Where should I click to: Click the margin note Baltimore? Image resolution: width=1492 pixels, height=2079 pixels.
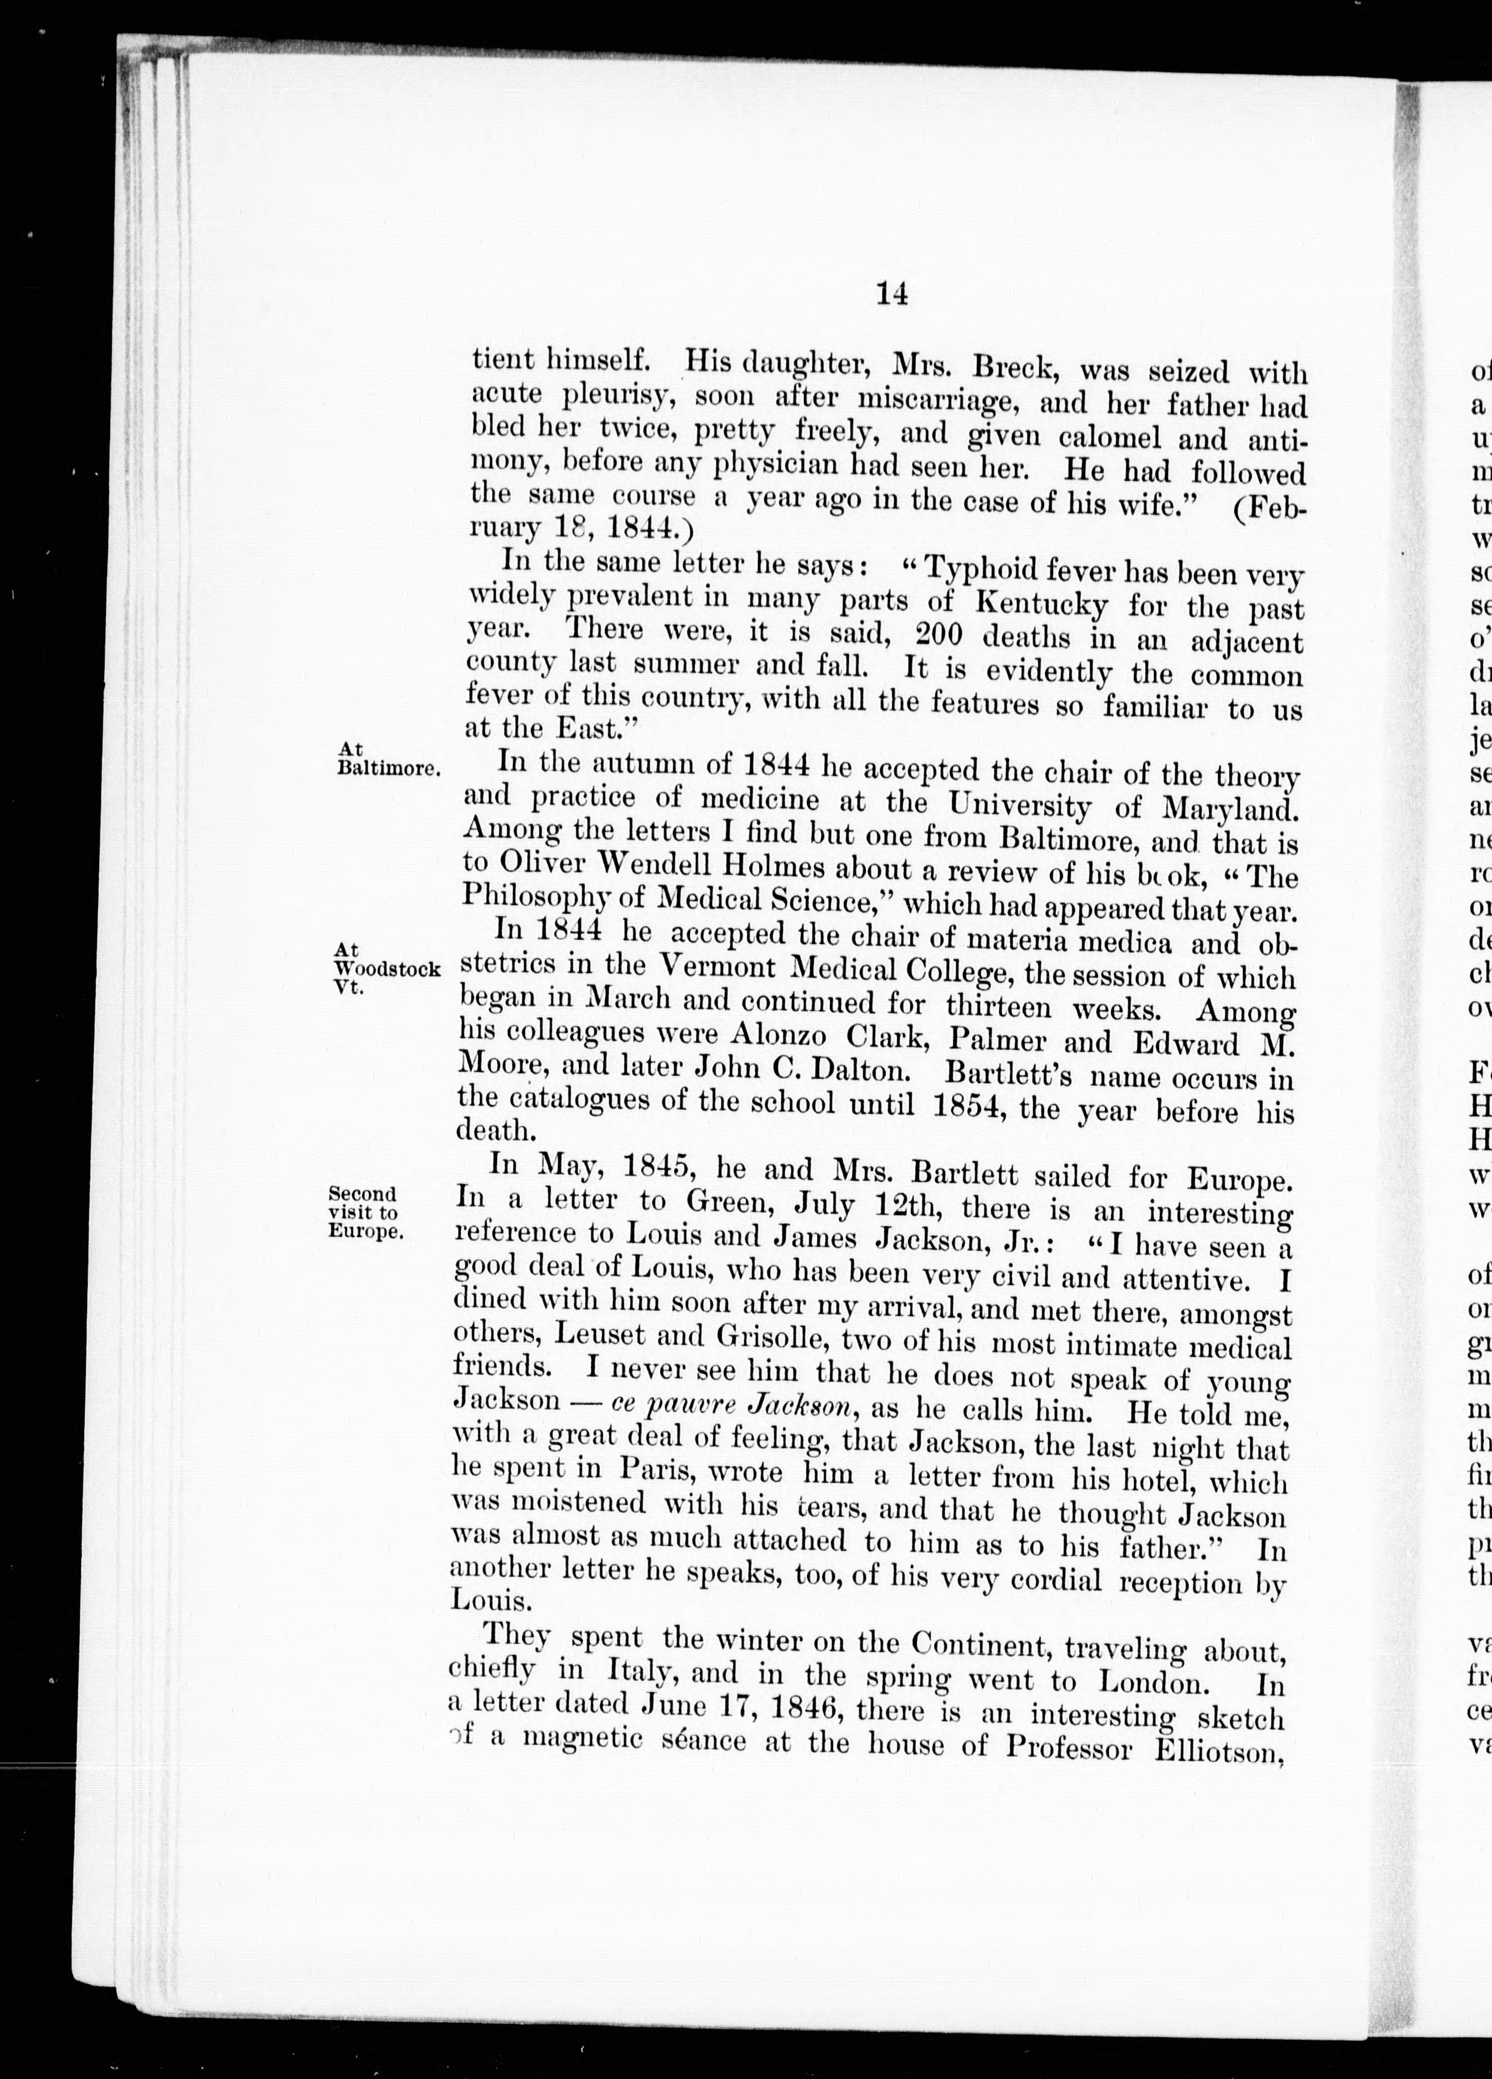click(388, 768)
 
